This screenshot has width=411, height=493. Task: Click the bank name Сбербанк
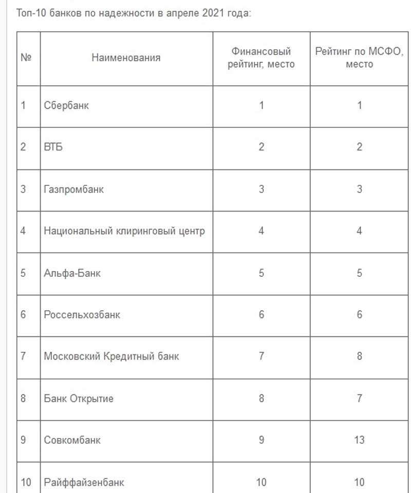click(x=66, y=106)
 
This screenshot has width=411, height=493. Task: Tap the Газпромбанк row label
click(x=74, y=189)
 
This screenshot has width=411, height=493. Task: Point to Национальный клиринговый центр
click(x=124, y=231)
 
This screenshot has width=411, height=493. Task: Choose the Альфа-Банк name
click(x=72, y=273)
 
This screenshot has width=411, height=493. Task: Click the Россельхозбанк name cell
click(x=82, y=314)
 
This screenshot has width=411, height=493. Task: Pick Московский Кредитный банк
click(x=111, y=356)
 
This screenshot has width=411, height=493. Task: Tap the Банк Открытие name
click(x=79, y=398)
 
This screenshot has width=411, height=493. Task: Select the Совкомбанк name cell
click(x=72, y=440)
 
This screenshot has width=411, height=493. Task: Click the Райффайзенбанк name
click(x=84, y=482)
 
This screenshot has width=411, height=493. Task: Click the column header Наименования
click(x=126, y=58)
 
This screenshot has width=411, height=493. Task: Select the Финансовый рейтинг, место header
click(x=261, y=58)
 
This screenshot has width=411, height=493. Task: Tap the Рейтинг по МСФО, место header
click(x=359, y=58)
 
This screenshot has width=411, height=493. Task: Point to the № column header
click(x=27, y=58)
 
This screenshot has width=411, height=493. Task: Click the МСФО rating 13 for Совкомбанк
click(x=359, y=440)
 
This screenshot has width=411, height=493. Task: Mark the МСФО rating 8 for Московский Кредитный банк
click(x=359, y=356)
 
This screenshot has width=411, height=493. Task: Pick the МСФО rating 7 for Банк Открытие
click(x=359, y=398)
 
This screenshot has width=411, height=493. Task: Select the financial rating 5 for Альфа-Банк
click(x=261, y=273)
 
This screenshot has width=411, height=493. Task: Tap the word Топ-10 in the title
click(x=31, y=13)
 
